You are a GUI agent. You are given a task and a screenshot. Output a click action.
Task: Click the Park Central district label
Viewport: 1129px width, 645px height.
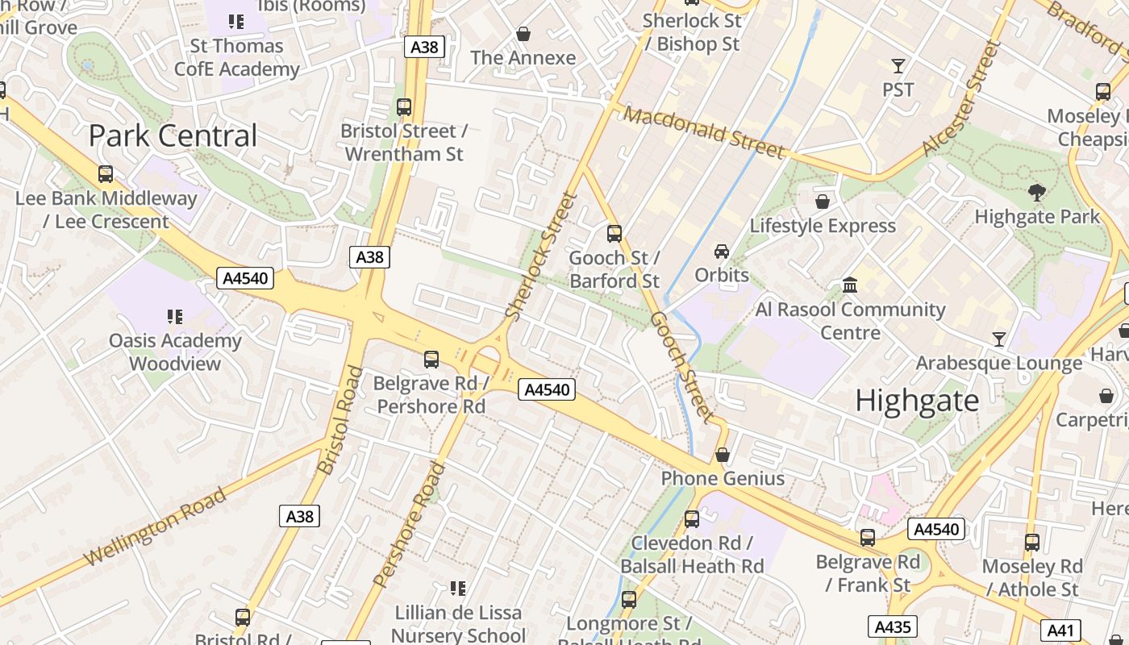click(173, 135)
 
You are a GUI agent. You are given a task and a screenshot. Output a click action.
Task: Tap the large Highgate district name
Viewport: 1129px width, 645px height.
click(917, 401)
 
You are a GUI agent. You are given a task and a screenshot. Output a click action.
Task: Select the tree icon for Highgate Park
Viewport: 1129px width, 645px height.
click(1037, 193)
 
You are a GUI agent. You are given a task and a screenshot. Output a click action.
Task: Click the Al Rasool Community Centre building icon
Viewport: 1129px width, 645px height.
click(850, 285)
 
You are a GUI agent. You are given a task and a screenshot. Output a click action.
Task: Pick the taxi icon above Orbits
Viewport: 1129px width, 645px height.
click(722, 252)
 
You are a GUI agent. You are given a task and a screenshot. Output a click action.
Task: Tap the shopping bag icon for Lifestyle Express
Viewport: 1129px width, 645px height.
click(823, 202)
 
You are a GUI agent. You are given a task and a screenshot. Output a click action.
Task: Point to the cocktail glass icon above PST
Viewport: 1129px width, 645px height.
click(898, 65)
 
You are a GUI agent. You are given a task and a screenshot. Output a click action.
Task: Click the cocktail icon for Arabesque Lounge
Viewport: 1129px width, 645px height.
click(999, 339)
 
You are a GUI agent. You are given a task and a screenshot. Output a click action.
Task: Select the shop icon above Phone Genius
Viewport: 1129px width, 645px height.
click(723, 455)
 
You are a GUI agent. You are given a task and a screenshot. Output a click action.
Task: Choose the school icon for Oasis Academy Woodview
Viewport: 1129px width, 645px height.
click(175, 317)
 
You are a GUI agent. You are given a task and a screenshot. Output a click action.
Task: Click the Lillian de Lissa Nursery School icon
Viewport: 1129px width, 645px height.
click(457, 589)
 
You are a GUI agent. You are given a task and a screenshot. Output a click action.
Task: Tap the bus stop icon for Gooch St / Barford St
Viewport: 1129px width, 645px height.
click(614, 234)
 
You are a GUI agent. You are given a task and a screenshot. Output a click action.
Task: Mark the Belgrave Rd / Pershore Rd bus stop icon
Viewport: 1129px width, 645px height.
click(431, 360)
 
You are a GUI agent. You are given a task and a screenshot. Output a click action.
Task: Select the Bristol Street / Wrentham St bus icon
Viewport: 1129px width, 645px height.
click(404, 106)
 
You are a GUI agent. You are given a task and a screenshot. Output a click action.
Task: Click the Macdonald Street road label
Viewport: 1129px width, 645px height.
click(704, 132)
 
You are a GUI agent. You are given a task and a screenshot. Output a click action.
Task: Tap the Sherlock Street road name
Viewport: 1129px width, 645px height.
click(542, 256)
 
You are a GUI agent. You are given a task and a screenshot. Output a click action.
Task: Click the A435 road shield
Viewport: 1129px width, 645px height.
click(892, 626)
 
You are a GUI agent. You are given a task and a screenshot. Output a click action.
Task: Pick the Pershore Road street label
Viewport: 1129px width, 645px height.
click(410, 524)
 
